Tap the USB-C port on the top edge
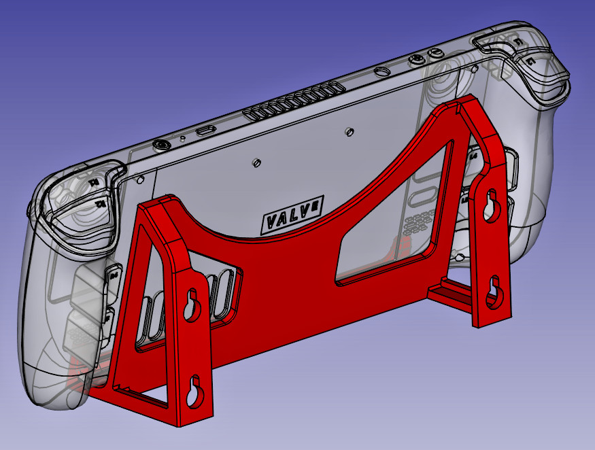tap(205, 130)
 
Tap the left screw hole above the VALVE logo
tap(256, 162)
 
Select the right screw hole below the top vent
tap(348, 130)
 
